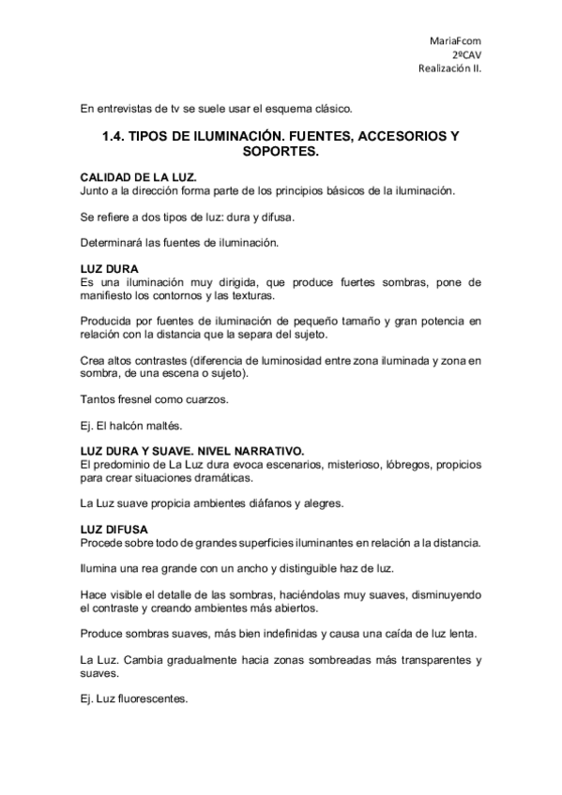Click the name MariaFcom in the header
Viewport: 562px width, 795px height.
pyautogui.click(x=455, y=40)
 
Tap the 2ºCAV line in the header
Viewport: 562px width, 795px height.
pyautogui.click(x=466, y=54)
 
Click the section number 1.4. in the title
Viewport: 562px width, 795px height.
pyautogui.click(x=113, y=136)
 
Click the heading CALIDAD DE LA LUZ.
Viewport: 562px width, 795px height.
pyautogui.click(x=138, y=177)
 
